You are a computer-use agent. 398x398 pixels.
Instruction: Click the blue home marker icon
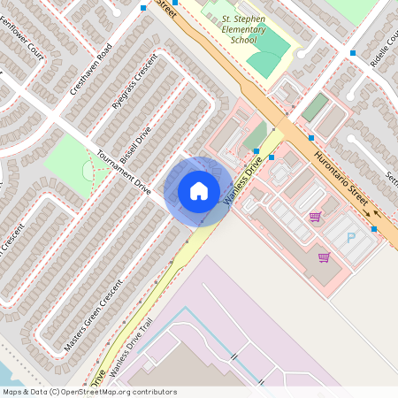tap(199, 190)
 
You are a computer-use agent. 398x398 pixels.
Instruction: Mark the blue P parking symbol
tap(350, 237)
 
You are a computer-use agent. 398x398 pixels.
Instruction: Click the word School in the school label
tap(243, 39)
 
